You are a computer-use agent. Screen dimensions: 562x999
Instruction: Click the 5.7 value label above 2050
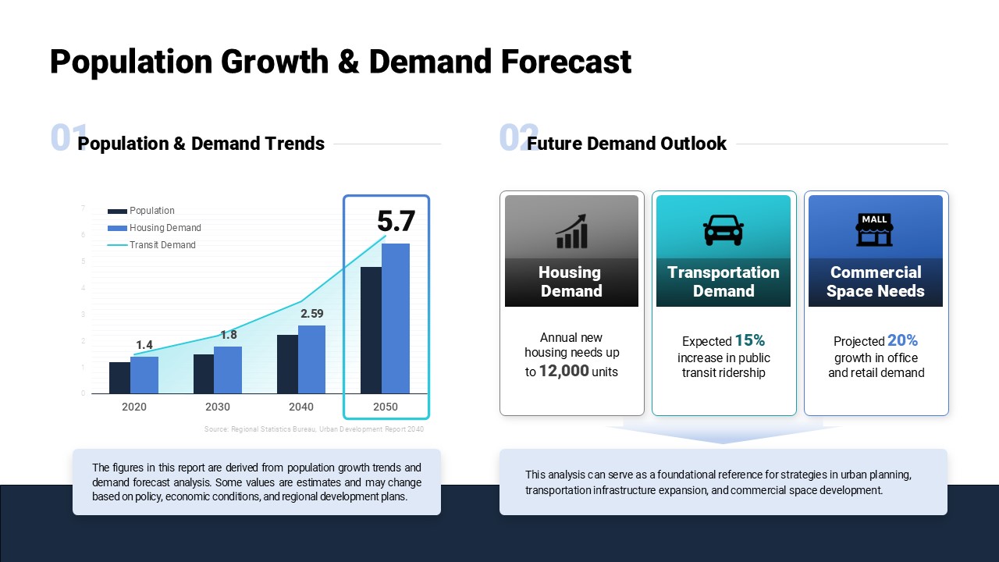(x=396, y=222)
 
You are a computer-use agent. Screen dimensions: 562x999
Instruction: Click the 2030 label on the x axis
(x=218, y=407)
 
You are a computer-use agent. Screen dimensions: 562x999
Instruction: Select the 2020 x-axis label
(x=134, y=407)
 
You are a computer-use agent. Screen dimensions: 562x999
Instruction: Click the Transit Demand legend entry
(x=152, y=245)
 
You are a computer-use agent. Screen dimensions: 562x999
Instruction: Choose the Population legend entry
(x=141, y=211)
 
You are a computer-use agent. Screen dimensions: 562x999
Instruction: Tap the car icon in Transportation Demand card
(x=723, y=229)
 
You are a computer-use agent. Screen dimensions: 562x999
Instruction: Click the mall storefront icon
(x=875, y=229)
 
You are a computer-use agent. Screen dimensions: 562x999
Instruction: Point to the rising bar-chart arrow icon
(x=571, y=231)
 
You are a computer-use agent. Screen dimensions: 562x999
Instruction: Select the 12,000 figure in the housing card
(x=563, y=372)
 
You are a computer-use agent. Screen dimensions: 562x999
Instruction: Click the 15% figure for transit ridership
(x=749, y=340)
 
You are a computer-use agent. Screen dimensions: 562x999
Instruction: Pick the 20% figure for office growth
(x=902, y=340)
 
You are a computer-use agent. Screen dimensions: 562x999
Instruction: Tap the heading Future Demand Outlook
(x=627, y=144)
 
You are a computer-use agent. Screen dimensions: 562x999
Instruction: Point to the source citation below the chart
(x=314, y=429)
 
